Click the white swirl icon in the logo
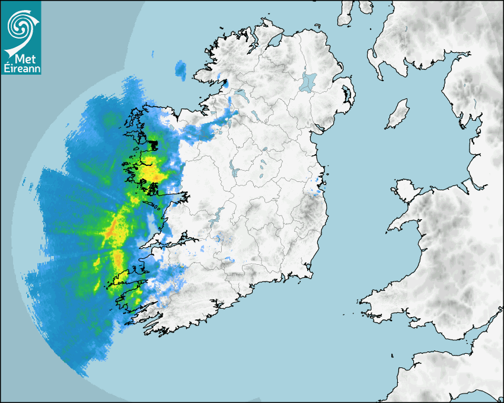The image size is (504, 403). tap(20, 26)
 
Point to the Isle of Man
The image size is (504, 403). tap(398, 114)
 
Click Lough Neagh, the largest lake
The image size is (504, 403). tap(308, 81)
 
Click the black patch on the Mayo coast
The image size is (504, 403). tap(154, 144)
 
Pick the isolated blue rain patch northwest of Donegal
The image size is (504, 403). tap(180, 71)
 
